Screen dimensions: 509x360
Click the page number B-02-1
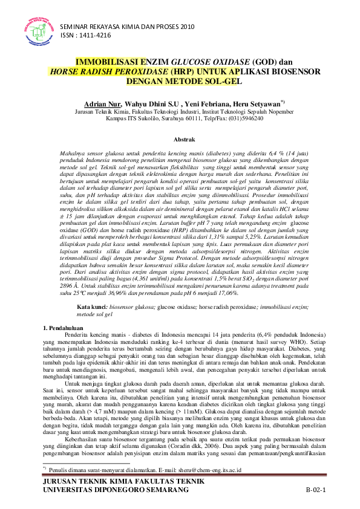tap(315, 488)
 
